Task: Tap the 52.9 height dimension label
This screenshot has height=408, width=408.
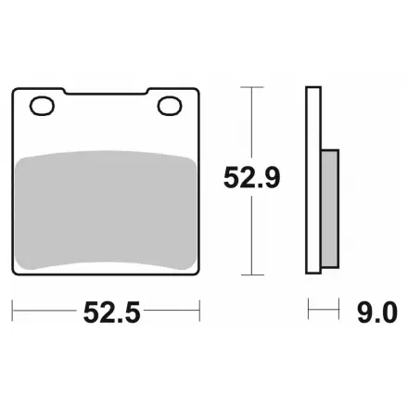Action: click(x=251, y=177)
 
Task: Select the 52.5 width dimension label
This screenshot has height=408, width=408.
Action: click(x=111, y=312)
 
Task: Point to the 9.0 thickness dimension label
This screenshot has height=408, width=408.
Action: click(x=377, y=312)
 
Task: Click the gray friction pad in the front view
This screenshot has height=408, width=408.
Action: click(x=106, y=210)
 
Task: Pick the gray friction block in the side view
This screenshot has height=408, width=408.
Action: click(x=330, y=209)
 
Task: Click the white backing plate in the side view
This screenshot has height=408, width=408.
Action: click(x=313, y=180)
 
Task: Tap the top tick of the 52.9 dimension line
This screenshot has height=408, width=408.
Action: click(x=252, y=87)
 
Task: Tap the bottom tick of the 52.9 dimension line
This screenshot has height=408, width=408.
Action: click(x=252, y=274)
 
